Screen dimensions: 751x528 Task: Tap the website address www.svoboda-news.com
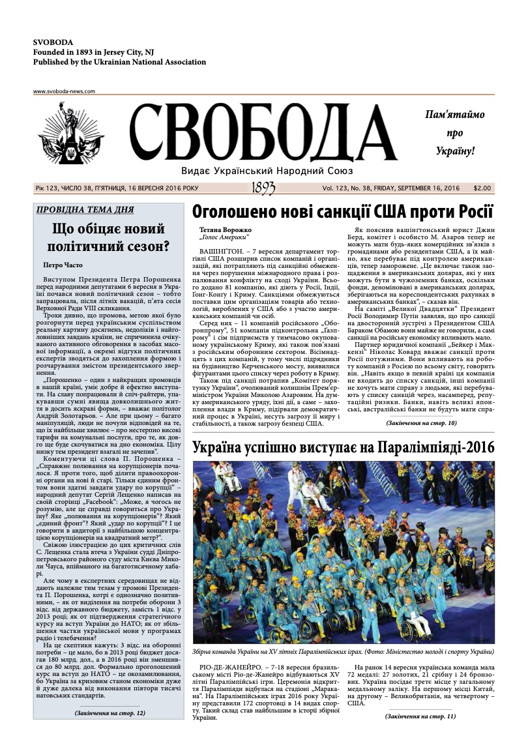64,91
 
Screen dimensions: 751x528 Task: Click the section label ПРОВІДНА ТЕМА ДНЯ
85,210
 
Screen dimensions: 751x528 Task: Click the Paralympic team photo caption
343,651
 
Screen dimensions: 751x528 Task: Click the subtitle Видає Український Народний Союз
267,170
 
